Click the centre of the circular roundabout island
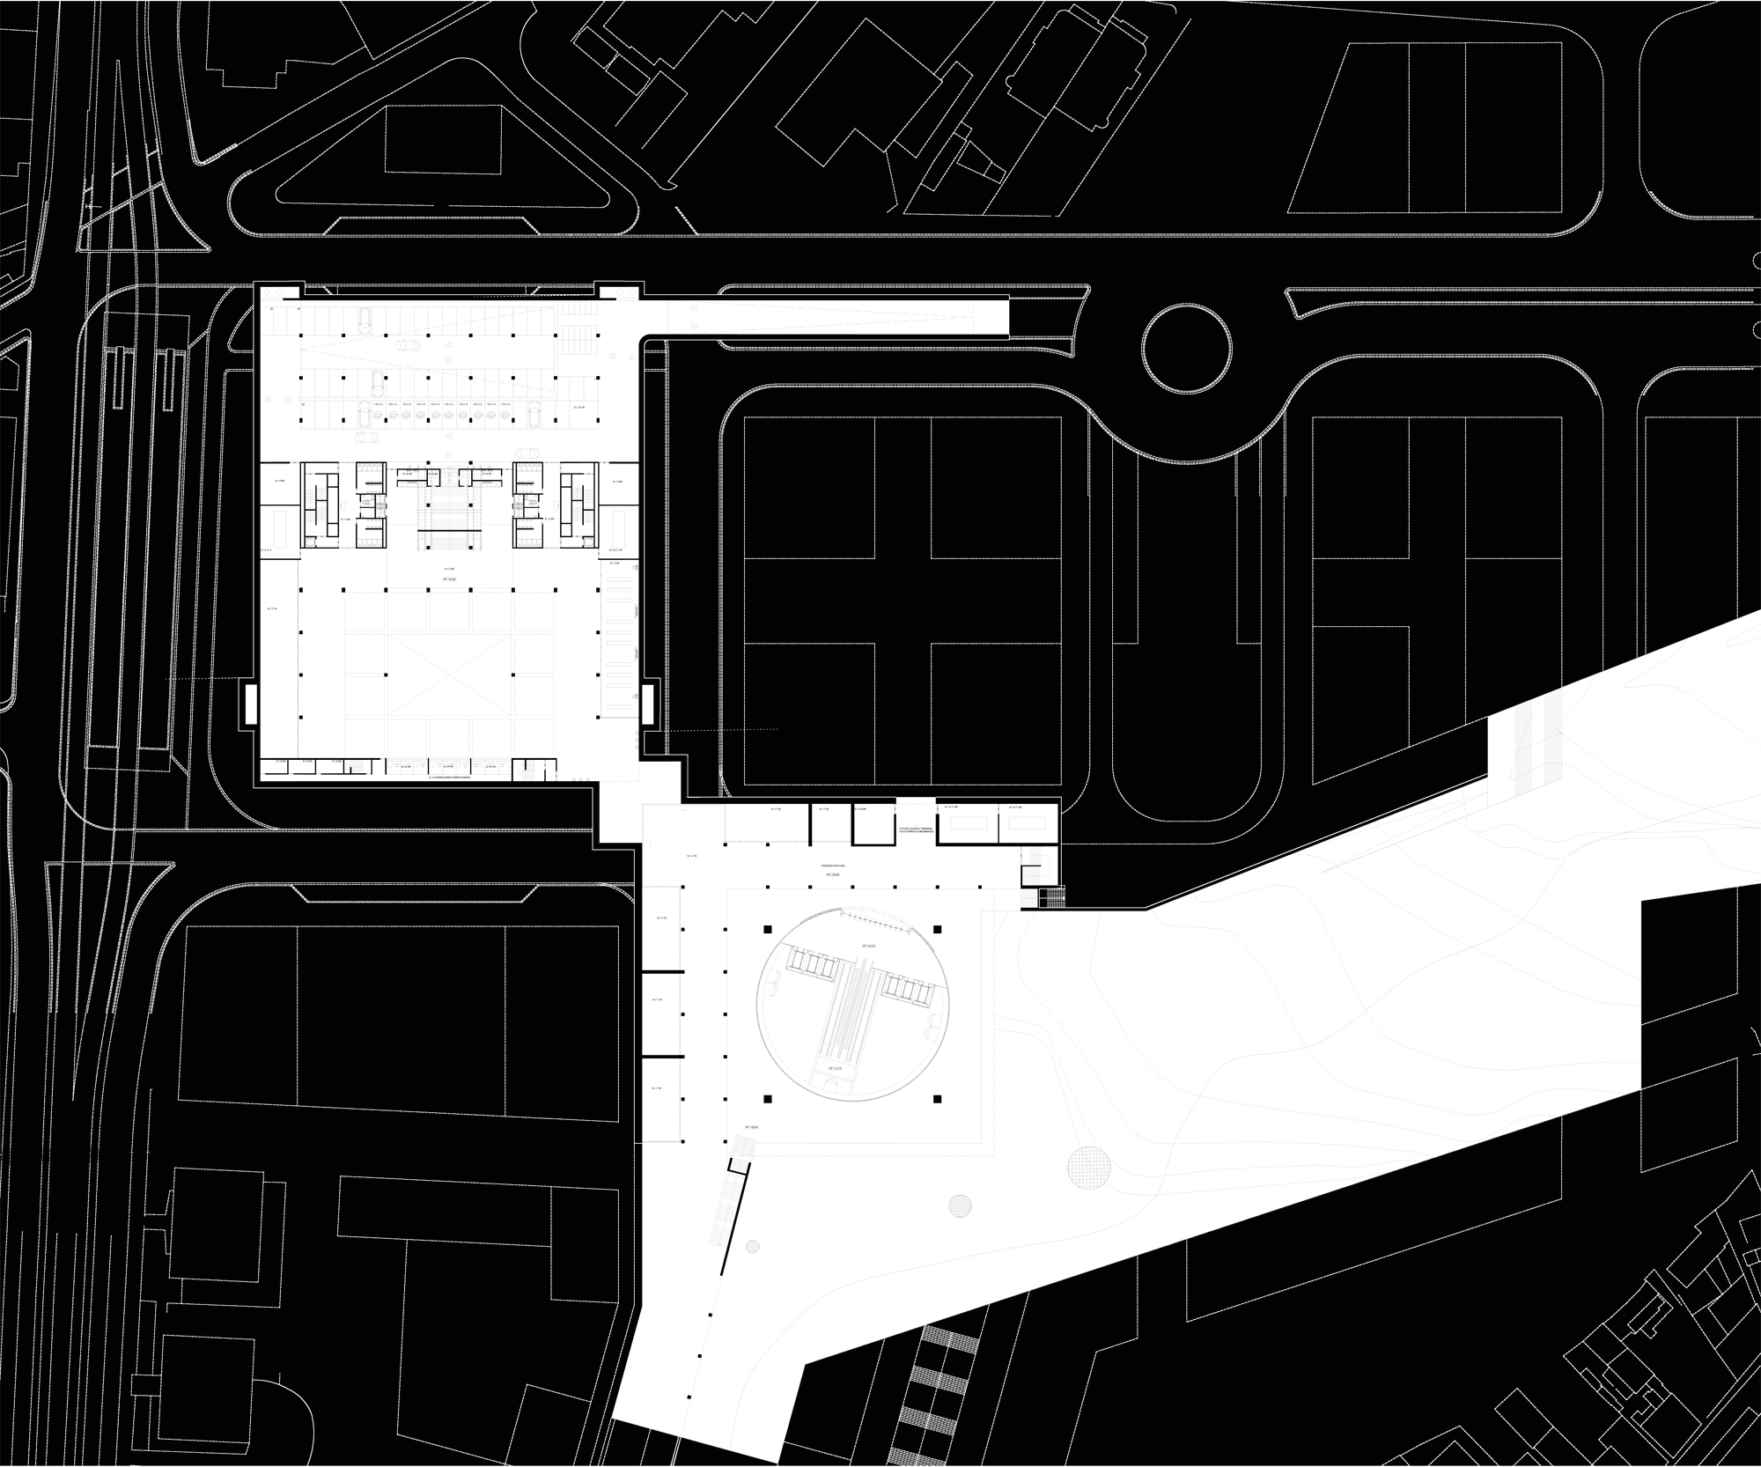click(x=1186, y=350)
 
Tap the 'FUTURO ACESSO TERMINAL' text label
click(x=916, y=830)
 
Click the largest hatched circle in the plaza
click(x=1088, y=1168)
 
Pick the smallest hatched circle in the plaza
click(x=752, y=1246)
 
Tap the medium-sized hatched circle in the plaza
click(x=959, y=1205)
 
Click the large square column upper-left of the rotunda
click(x=767, y=930)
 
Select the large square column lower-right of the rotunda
click(x=937, y=1099)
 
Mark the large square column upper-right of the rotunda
click(x=937, y=930)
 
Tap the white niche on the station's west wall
click(x=250, y=704)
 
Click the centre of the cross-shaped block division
click(x=903, y=601)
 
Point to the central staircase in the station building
click(x=451, y=515)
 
